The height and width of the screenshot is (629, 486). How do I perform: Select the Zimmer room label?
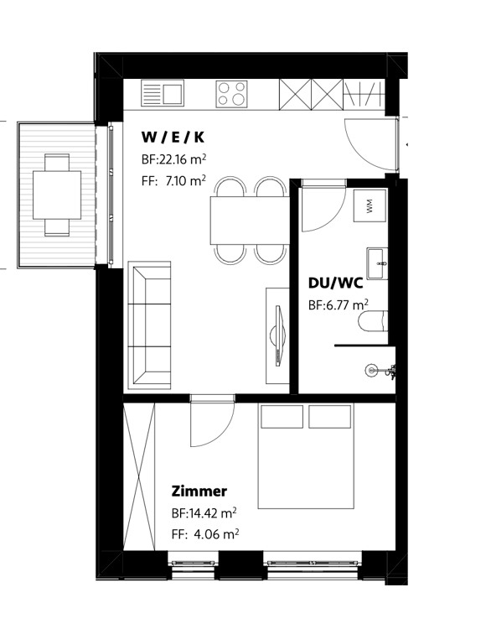[x=199, y=491]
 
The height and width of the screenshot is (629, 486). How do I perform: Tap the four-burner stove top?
[x=232, y=93]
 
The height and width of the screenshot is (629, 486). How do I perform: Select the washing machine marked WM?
[x=370, y=206]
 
